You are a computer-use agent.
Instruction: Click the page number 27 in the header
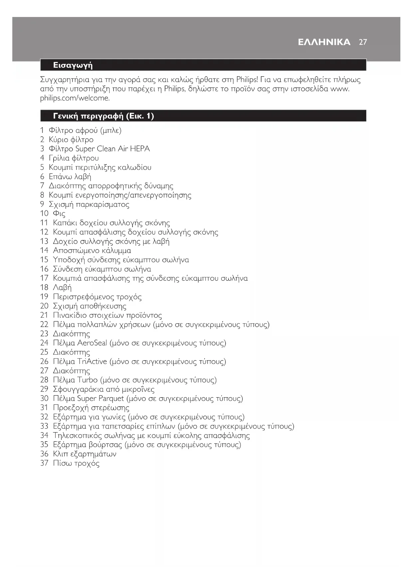click(x=363, y=42)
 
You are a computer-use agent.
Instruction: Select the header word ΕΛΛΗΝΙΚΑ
click(x=324, y=42)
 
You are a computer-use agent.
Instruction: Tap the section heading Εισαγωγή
click(x=73, y=65)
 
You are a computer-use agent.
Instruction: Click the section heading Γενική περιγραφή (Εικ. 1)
click(x=103, y=116)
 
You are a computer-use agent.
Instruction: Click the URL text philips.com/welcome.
click(x=75, y=98)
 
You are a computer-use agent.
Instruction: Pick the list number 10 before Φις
click(x=44, y=213)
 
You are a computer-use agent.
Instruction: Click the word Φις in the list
click(x=59, y=213)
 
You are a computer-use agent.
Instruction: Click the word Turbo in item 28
click(x=87, y=380)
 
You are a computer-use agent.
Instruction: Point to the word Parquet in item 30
click(x=110, y=399)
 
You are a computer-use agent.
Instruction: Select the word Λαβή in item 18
click(x=62, y=288)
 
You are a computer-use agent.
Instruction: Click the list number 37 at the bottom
click(x=44, y=463)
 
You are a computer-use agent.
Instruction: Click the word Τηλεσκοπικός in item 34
click(x=77, y=436)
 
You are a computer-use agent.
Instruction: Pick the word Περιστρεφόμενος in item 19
click(x=83, y=297)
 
